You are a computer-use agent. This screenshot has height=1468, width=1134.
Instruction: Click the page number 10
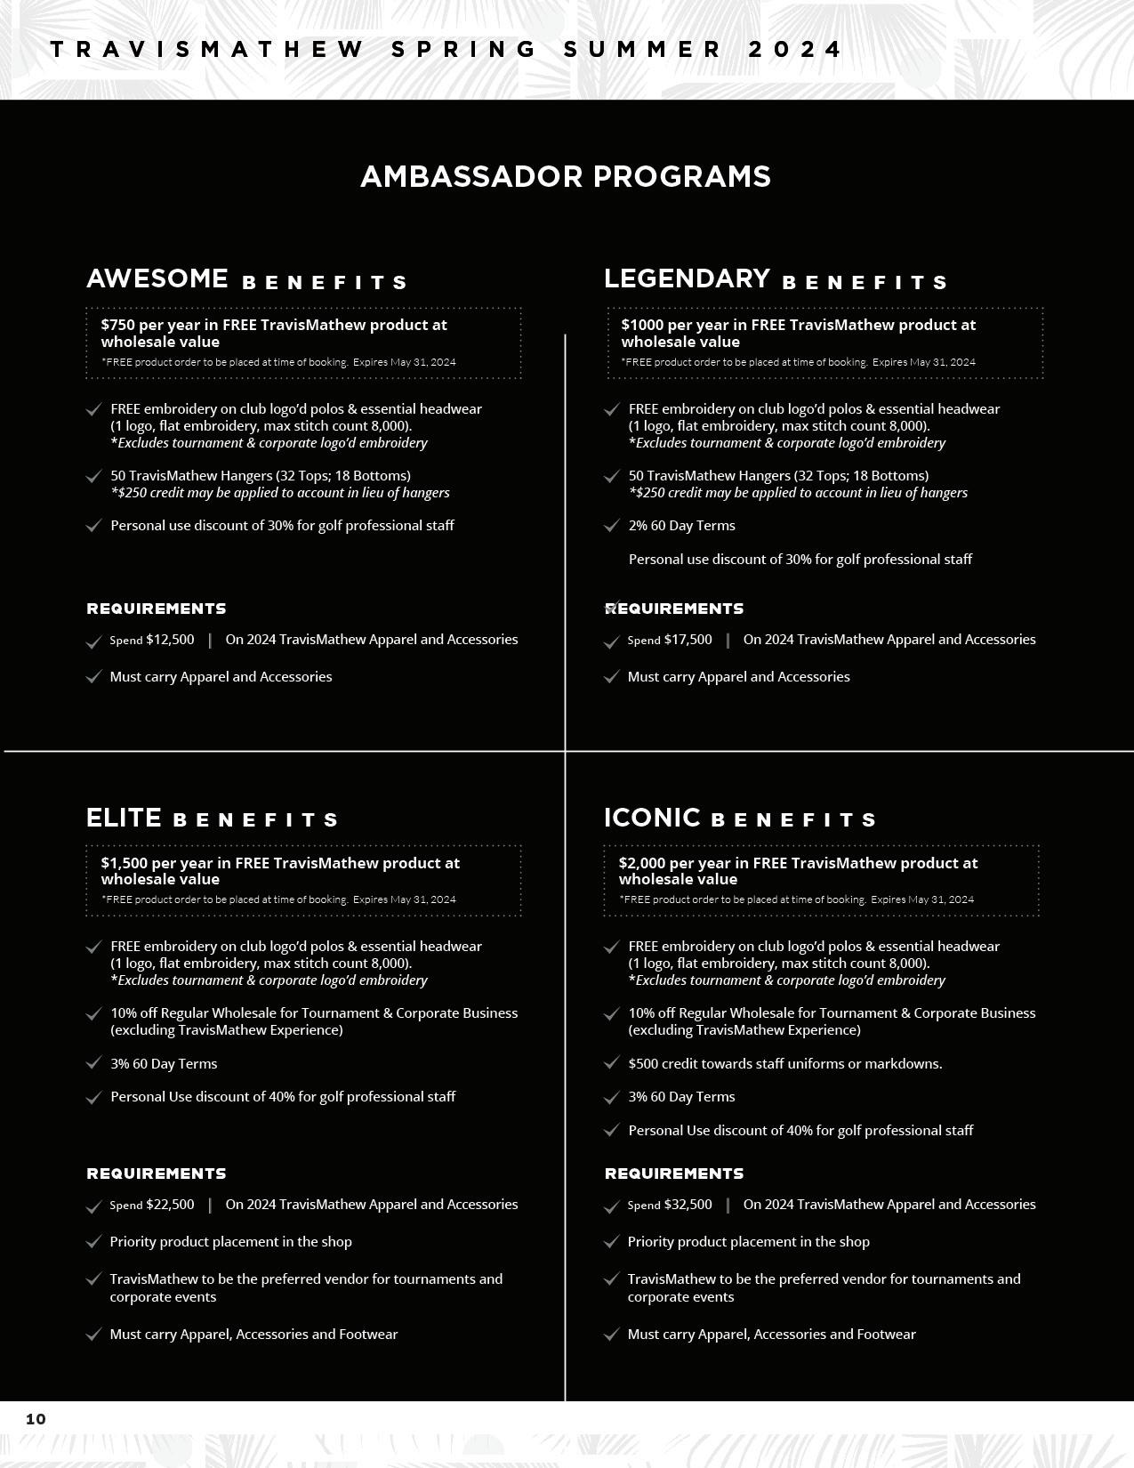36,1419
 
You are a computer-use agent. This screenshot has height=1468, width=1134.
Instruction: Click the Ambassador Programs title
566,176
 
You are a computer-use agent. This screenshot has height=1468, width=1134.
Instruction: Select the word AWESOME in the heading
157,278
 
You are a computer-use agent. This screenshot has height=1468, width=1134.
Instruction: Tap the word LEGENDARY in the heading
687,278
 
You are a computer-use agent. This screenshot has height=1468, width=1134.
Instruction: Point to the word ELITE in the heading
124,818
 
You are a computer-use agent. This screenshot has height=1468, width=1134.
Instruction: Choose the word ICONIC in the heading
652,818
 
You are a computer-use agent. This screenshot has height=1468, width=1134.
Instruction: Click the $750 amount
117,325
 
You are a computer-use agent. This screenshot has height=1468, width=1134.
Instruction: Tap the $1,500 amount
124,863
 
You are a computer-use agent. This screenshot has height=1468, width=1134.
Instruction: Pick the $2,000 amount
641,863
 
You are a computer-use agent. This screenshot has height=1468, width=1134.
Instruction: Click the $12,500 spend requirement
170,640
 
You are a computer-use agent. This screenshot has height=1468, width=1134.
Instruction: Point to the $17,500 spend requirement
688,640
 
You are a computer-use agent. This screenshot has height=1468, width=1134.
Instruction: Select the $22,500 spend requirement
170,1205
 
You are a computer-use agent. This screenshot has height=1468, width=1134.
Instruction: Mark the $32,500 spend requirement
688,1205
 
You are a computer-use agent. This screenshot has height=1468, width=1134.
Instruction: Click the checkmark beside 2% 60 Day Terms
611,526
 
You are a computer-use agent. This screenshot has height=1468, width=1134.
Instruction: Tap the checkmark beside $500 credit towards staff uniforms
611,1063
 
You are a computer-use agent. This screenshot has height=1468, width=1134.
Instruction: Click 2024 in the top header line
794,50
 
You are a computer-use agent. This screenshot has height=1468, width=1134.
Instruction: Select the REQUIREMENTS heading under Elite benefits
157,1174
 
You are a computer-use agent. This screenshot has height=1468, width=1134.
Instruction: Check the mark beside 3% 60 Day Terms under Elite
93,1063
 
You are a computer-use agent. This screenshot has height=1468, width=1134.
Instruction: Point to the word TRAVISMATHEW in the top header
206,50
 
